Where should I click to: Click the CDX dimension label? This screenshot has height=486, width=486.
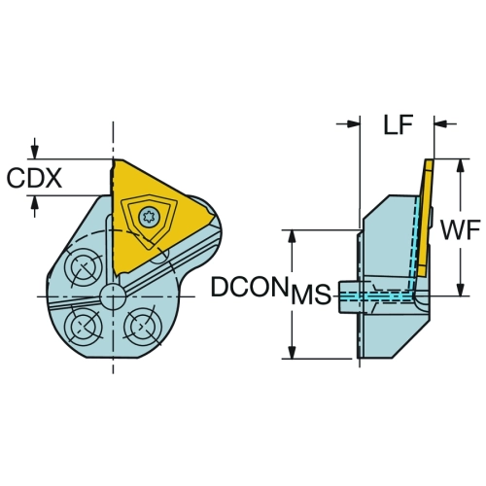click(34, 178)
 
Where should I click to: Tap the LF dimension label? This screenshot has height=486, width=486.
click(399, 124)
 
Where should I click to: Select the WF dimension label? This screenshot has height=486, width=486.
click(460, 229)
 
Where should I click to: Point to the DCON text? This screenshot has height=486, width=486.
click(250, 287)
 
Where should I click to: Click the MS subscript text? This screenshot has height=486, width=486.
click(311, 295)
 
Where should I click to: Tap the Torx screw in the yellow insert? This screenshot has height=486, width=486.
click(149, 216)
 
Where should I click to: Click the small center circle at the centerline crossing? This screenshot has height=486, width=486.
click(113, 296)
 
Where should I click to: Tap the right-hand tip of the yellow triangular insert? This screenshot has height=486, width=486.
click(215, 217)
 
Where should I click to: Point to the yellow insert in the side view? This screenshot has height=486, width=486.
click(425, 217)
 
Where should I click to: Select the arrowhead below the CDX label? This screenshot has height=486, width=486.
click(35, 203)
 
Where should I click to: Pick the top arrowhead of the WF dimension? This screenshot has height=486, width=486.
click(460, 166)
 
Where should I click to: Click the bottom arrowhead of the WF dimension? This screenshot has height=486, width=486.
click(460, 289)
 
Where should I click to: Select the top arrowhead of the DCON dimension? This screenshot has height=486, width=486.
click(292, 237)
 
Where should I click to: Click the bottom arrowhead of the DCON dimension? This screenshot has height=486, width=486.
click(292, 351)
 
